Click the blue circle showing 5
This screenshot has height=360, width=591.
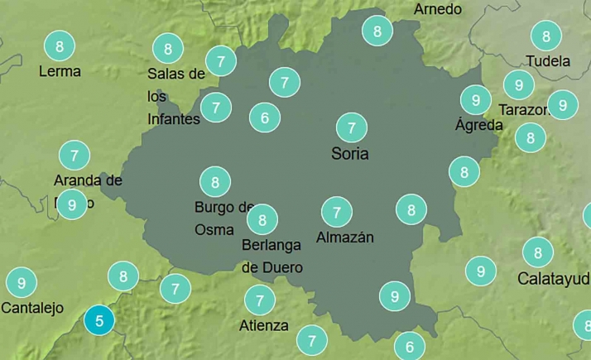pyautogui.click(x=99, y=320)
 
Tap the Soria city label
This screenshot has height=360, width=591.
pyautogui.click(x=349, y=154)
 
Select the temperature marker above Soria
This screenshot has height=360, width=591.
pyautogui.click(x=352, y=128)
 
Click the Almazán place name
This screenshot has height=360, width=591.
pyautogui.click(x=345, y=238)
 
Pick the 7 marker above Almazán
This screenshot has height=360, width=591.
pyautogui.click(x=336, y=213)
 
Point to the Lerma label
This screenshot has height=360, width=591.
pyautogui.click(x=60, y=72)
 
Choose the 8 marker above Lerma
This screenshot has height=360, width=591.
pyautogui.click(x=59, y=46)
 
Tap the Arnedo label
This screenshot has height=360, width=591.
pyautogui.click(x=438, y=10)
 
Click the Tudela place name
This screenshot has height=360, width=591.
pyautogui.click(x=548, y=61)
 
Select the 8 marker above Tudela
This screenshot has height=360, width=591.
pyautogui.click(x=545, y=36)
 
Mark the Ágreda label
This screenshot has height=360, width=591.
pyautogui.click(x=479, y=126)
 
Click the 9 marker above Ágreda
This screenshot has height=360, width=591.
pyautogui.click(x=475, y=100)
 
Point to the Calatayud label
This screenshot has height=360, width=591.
pyautogui.click(x=553, y=279)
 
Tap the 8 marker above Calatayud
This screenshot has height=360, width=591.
pyautogui.click(x=537, y=252)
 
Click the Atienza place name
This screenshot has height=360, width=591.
pyautogui.click(x=263, y=325)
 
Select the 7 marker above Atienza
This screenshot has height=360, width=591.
pyautogui.click(x=260, y=300)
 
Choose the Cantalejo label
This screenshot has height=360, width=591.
pyautogui.click(x=32, y=309)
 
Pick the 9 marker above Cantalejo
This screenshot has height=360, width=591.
pyautogui.click(x=22, y=283)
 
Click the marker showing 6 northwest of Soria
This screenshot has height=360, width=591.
pyautogui.click(x=265, y=118)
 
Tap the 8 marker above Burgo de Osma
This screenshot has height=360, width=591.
pyautogui.click(x=215, y=181)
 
